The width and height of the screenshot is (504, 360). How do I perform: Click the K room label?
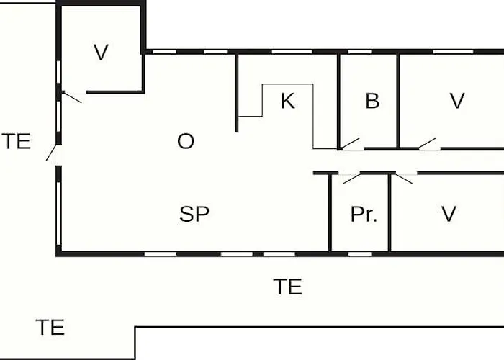coord(288,101)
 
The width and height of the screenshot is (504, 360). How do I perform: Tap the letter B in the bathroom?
coord(372,101)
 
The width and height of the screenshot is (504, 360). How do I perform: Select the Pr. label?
coord(364,214)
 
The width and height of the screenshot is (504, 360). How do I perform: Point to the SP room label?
coord(194,214)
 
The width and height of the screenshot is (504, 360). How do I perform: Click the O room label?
coord(186,141)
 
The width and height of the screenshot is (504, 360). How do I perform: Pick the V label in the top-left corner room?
coord(101,52)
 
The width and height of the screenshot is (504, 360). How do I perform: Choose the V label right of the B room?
coord(457,101)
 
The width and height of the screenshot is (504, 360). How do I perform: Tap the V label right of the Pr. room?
coord(449,214)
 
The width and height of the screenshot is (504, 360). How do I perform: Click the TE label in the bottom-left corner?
coord(50,327)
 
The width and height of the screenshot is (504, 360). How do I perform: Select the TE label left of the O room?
coord(17,141)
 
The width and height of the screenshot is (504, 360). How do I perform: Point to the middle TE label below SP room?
coord(288,287)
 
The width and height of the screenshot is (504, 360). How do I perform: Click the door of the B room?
coord(351,144)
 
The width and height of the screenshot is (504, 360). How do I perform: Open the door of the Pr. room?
coord(351,179)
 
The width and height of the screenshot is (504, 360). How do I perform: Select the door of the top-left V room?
coord(72,97)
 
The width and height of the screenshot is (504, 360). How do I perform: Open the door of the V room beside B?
coord(427,144)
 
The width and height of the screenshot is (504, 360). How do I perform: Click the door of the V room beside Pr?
coord(404,179)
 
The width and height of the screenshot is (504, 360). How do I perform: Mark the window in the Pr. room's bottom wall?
coord(360,254)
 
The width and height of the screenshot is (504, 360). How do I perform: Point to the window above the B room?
coord(360,52)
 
